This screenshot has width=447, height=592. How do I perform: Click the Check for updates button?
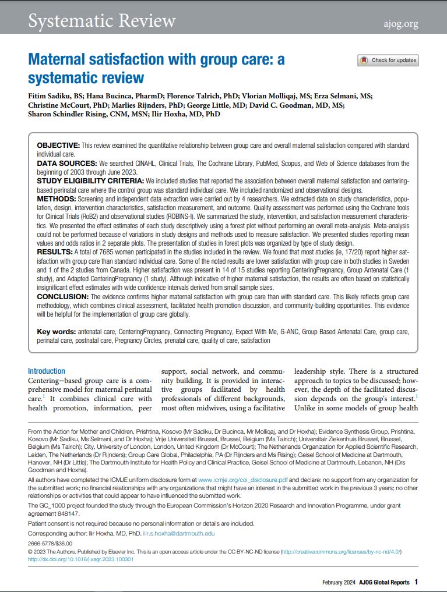click(388, 60)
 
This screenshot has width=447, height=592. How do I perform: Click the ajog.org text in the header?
click(401, 24)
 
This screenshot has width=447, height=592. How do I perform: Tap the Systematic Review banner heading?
click(102, 21)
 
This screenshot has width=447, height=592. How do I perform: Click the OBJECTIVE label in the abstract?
click(58, 145)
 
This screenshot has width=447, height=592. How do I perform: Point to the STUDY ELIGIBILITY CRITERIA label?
click(90, 182)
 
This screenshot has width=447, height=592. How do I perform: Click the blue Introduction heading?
click(47, 371)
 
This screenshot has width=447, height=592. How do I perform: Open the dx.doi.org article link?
click(81, 559)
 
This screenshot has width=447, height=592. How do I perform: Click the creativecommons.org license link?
click(341, 551)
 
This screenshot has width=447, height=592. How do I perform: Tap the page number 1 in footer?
click(416, 582)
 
